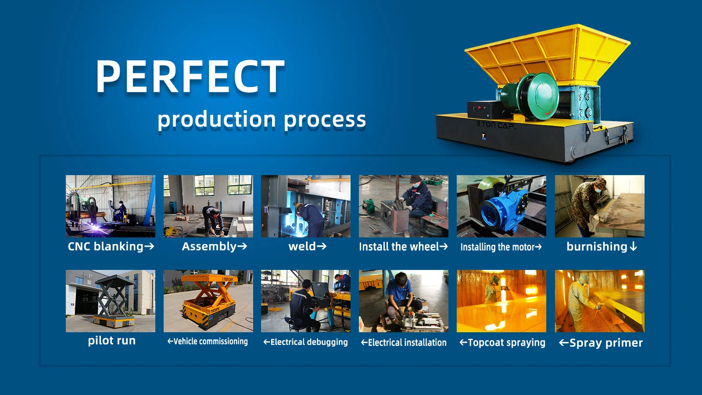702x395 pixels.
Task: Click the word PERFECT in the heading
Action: (190, 76)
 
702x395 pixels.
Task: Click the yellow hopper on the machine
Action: (548, 53)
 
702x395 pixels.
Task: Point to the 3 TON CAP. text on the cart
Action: (496, 125)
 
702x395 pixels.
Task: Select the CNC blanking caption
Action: (111, 247)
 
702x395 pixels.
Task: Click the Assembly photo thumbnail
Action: (208, 206)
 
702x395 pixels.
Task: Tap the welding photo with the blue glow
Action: (305, 206)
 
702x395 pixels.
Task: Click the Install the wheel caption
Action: (403, 247)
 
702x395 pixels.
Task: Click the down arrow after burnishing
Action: (633, 247)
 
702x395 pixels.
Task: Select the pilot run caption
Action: (111, 341)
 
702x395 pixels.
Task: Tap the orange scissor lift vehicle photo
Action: (208, 301)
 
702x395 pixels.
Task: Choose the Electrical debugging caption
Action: (305, 342)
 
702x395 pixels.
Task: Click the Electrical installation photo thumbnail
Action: (403, 301)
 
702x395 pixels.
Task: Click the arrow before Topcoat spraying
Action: (463, 342)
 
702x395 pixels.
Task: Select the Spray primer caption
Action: (601, 343)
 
